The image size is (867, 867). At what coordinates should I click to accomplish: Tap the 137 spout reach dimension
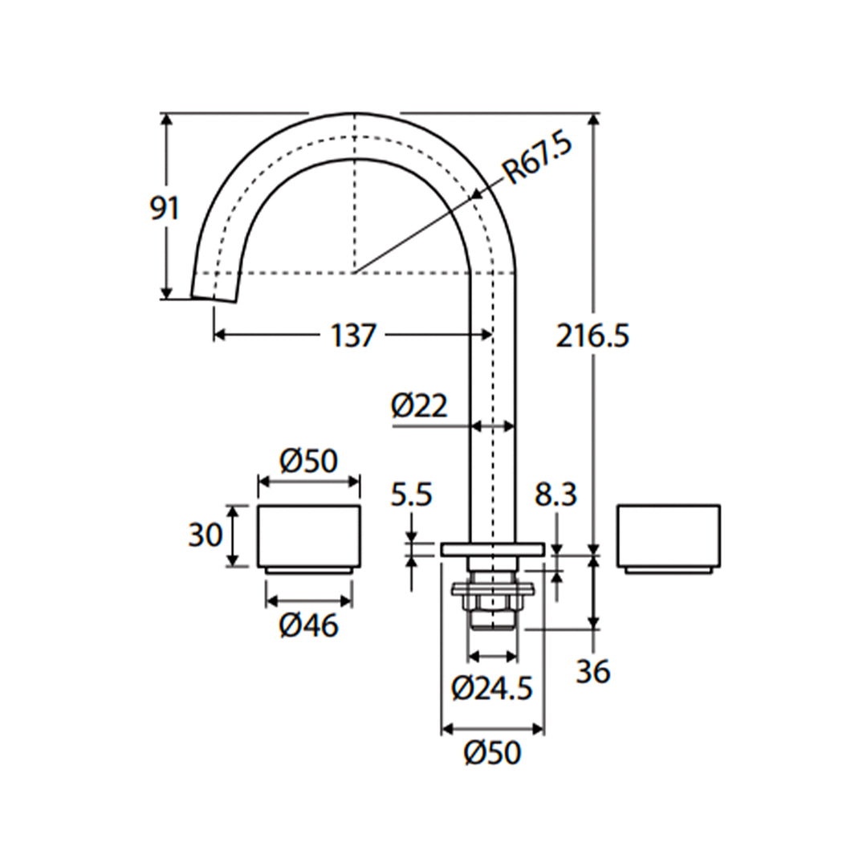352,336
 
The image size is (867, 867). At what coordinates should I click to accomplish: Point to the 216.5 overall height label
592,336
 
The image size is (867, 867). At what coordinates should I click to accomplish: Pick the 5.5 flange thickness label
411,495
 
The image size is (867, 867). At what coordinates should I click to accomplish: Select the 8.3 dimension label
556,495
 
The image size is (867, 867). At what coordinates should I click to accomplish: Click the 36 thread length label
592,671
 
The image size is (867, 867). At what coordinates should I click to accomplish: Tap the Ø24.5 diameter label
492,688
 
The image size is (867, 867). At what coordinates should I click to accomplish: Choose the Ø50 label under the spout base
492,752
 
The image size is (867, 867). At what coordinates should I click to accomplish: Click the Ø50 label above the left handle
308,462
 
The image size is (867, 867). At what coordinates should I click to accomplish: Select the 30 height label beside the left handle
205,535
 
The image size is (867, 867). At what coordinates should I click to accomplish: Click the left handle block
308,536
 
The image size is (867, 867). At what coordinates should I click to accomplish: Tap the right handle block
668,536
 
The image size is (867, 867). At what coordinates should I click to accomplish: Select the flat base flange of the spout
492,549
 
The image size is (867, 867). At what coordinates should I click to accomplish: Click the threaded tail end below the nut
492,621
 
